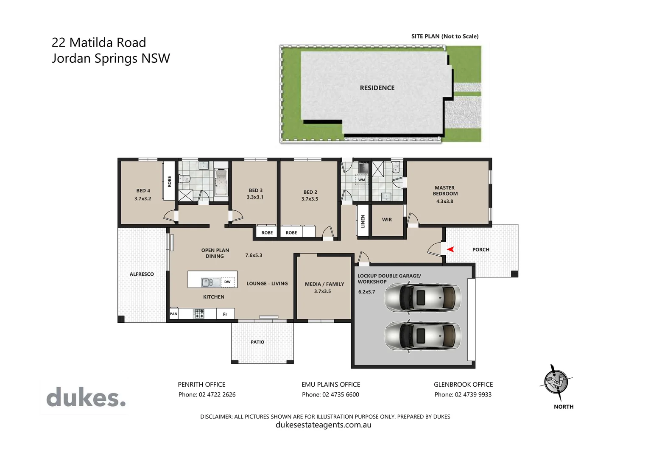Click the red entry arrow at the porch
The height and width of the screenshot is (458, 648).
point(450,249)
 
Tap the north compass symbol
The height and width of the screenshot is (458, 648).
point(556,383)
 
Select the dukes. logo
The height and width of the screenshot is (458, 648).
point(86,397)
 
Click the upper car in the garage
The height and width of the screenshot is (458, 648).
point(422,297)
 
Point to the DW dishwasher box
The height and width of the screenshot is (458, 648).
point(227,282)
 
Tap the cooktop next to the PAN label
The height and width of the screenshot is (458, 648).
point(199,314)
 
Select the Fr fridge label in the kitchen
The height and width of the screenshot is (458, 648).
point(225,314)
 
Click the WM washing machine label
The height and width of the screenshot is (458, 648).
point(362,180)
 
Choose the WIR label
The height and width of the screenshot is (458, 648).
point(387,220)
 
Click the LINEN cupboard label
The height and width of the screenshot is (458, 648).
point(363,221)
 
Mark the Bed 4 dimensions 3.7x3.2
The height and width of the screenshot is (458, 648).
point(142,198)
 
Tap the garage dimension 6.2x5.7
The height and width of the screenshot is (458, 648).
point(366,292)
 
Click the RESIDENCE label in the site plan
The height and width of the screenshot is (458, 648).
point(377,88)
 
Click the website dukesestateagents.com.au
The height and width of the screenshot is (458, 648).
point(324,425)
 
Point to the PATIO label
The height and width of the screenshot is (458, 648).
point(257,342)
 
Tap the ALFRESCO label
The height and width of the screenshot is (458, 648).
point(142,274)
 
